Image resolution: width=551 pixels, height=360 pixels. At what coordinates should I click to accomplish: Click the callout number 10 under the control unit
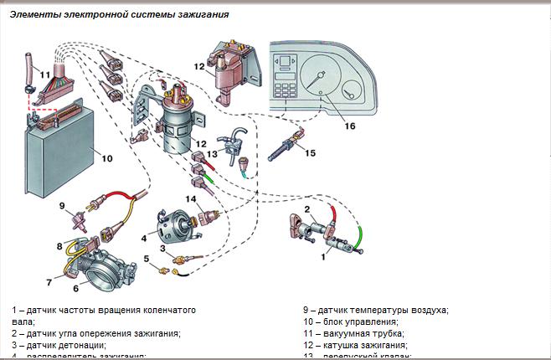tap(107, 157)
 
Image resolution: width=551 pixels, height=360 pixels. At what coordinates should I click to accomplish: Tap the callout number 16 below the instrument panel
tap(350, 126)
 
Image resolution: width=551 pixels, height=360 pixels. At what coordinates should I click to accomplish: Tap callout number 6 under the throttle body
tap(75, 288)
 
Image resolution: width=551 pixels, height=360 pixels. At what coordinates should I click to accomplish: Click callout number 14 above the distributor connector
tap(192, 198)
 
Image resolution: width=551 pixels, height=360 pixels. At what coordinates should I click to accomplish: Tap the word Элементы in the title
tap(36, 14)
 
